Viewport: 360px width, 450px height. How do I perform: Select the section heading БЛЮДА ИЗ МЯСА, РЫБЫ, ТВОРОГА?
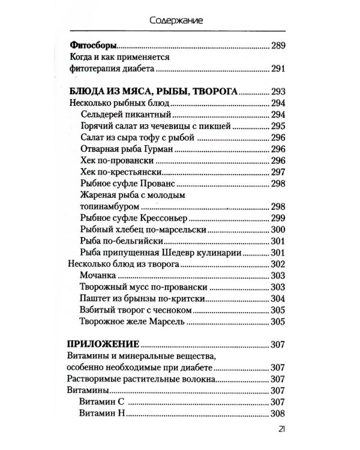coord(150,92)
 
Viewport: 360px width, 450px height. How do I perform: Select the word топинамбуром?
coord(109,206)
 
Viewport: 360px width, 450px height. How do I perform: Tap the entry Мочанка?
coord(98,275)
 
